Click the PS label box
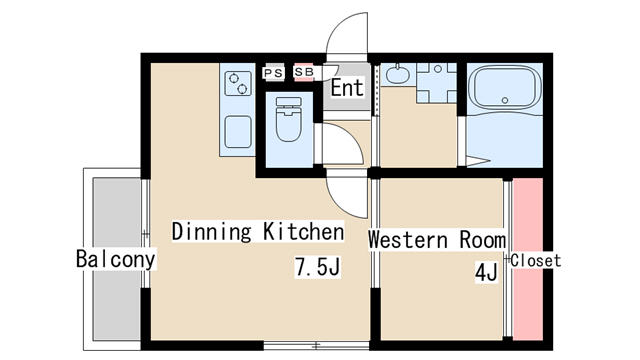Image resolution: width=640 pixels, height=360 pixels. click(x=273, y=73)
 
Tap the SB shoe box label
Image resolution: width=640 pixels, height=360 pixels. click(x=304, y=72)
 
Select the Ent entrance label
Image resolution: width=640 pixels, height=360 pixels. click(x=347, y=88)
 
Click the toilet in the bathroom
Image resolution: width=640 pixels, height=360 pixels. click(x=289, y=119)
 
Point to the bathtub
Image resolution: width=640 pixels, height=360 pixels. click(x=505, y=88)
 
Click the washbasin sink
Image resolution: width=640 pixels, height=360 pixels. click(x=398, y=74)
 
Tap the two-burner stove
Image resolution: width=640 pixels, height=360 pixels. click(x=238, y=83)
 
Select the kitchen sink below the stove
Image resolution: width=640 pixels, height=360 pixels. click(x=238, y=131)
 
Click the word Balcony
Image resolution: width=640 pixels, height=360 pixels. click(x=116, y=259)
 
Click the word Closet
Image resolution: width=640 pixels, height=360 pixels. click(x=536, y=260)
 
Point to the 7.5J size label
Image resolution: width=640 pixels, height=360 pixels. click(x=318, y=267)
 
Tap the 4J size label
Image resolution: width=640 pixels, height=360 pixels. click(x=486, y=272)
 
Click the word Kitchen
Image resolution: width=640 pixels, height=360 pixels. click(x=303, y=231)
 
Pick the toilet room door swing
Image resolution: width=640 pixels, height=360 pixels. click(x=342, y=144)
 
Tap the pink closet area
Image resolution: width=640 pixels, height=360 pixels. click(x=528, y=259)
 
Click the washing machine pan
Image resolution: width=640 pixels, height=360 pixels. click(x=436, y=83)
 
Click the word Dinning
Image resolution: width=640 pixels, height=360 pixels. click(x=211, y=231)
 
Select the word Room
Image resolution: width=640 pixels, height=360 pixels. click(x=483, y=240)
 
